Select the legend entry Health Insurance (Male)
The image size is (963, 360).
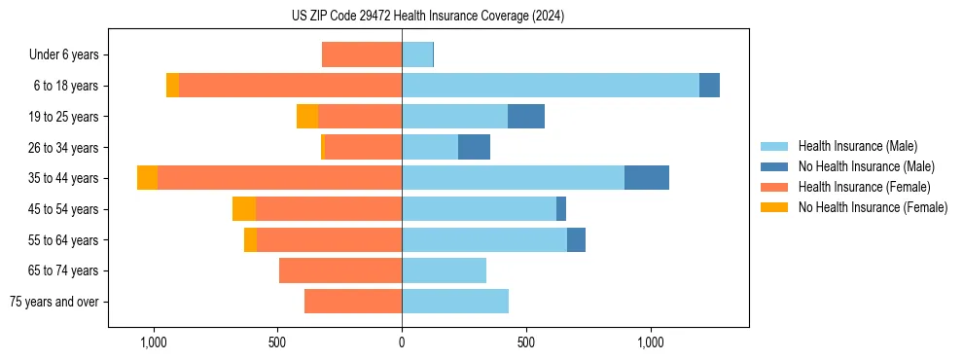857,146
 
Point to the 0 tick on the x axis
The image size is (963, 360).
402,342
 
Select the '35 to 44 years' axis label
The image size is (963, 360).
64,178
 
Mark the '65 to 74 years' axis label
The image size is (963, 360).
64,270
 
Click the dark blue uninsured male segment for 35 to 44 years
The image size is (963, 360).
647,178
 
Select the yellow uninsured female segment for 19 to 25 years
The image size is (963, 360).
307,117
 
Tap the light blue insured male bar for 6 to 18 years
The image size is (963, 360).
550,86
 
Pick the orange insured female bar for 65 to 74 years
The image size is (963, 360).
340,270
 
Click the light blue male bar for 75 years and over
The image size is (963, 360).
455,302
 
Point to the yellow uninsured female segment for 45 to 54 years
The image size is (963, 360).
243,209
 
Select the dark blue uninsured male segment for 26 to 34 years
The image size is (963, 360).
474,148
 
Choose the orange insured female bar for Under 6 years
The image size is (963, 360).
362,55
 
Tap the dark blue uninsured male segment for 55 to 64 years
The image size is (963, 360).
576,240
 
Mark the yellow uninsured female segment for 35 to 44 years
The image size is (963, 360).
147,178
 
